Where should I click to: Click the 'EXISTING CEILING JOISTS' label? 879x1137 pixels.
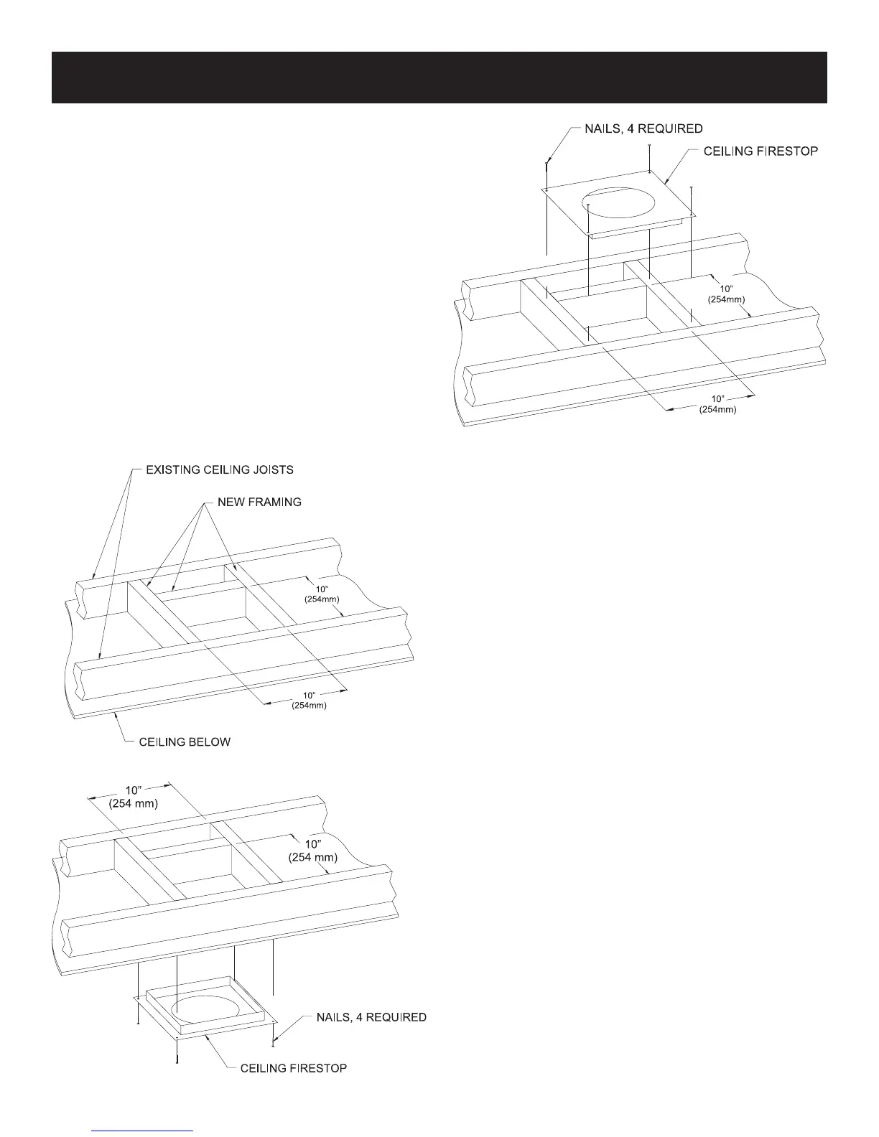219,470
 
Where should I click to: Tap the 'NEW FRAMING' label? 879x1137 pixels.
259,502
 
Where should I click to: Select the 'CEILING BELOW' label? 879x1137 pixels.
185,741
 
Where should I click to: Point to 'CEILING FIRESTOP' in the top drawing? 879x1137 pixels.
761,151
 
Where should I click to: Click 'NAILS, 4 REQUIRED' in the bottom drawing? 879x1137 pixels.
371,1017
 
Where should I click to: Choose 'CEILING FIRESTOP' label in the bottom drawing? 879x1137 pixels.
294,1068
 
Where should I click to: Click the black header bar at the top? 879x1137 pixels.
439,78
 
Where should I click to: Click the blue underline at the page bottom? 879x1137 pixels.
143,1131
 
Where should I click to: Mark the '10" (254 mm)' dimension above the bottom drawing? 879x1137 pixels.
133,797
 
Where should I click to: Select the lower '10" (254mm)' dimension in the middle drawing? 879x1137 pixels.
309,700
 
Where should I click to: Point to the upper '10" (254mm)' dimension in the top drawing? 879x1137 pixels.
726,293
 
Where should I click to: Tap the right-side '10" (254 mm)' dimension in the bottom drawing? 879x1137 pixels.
312,851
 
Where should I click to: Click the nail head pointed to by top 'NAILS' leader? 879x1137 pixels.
547,163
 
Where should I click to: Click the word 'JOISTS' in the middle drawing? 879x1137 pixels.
273,470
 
